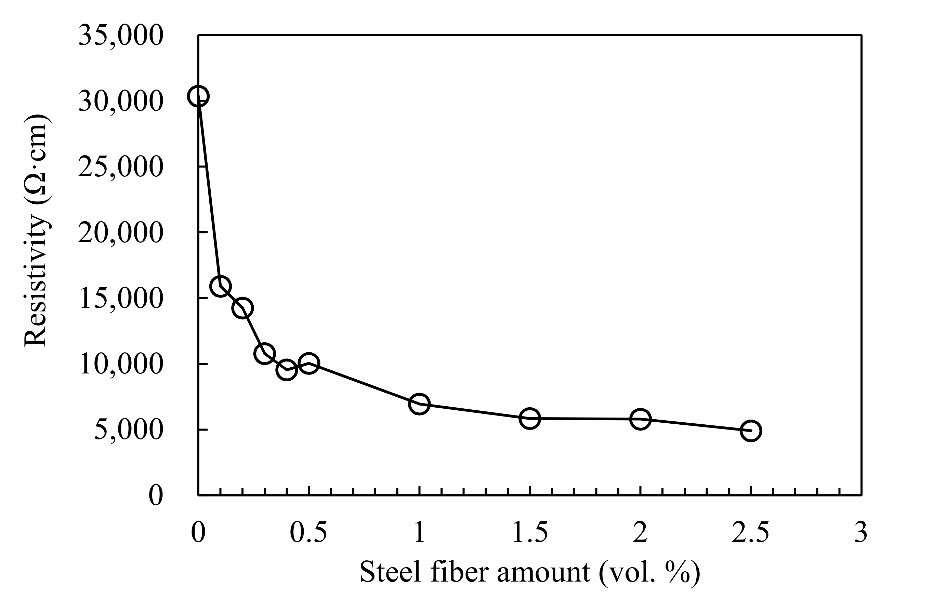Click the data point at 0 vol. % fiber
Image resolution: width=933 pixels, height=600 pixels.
tap(198, 96)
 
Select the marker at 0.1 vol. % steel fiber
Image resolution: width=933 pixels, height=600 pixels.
tap(220, 286)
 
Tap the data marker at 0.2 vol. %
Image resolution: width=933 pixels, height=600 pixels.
tap(242, 308)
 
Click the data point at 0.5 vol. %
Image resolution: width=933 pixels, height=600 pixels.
tap(309, 364)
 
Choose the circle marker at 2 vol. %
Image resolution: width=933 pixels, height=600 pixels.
tap(640, 419)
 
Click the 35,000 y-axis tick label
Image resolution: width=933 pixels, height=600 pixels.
tap(120, 36)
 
